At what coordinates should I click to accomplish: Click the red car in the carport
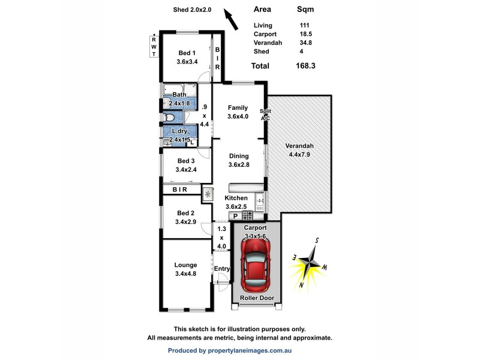(x=256, y=263)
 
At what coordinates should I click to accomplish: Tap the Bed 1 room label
(x=186, y=57)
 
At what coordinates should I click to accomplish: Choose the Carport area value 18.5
(x=305, y=34)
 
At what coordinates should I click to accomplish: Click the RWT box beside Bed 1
(x=154, y=47)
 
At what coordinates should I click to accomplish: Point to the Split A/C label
(x=265, y=115)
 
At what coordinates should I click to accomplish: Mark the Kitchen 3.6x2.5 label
(x=236, y=202)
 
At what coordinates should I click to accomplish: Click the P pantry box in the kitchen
(x=236, y=216)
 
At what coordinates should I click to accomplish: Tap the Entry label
(x=221, y=269)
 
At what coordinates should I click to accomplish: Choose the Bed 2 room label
(x=185, y=217)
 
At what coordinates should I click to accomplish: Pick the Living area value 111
(x=304, y=26)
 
